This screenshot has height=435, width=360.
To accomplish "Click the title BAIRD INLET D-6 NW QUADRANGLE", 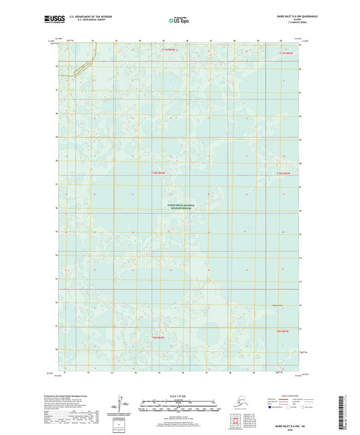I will pyautogui.click(x=288, y=15).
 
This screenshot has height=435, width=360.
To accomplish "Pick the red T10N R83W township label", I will pyautogui.click(x=157, y=174).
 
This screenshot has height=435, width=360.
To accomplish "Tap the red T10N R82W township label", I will pyautogui.click(x=282, y=174).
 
